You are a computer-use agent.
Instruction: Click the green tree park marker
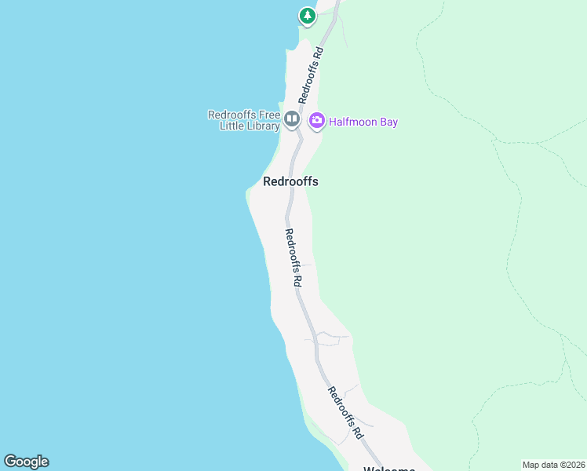click(307, 16)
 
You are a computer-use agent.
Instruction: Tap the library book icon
click(292, 119)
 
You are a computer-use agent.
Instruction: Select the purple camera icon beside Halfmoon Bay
click(317, 121)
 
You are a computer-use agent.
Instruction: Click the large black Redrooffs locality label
click(290, 181)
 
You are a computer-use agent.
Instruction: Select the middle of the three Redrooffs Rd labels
click(293, 257)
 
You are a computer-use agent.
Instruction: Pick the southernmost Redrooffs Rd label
click(346, 412)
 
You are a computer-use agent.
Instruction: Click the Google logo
click(26, 462)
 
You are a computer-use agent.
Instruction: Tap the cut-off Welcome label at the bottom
click(388, 469)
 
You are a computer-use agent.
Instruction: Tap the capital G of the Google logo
click(10, 462)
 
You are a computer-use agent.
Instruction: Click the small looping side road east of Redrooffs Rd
click(330, 338)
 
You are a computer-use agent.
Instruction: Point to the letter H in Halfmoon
click(333, 122)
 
